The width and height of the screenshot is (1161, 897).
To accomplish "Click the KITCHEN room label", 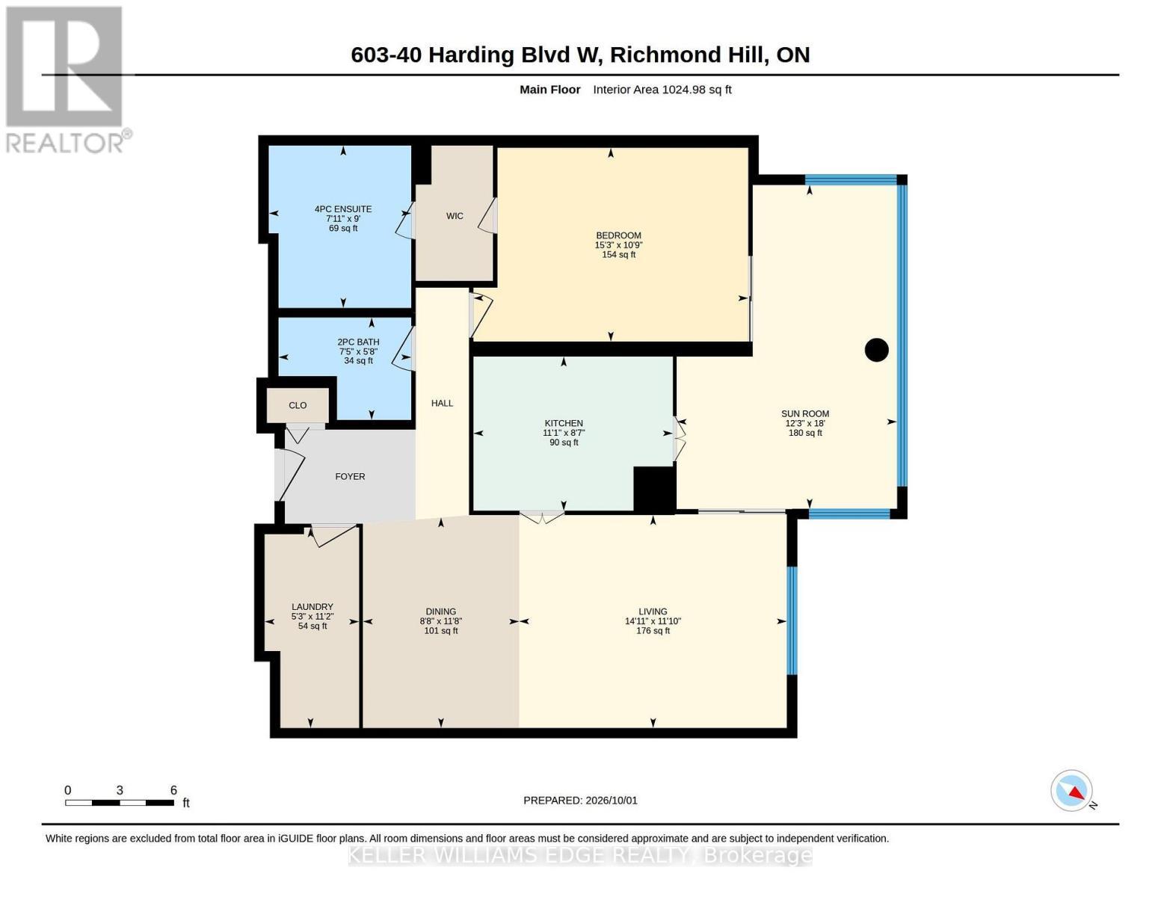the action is tap(564, 423).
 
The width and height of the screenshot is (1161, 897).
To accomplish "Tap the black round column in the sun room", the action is tap(876, 350).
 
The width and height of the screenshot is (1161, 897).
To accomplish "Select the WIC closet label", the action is tap(455, 216).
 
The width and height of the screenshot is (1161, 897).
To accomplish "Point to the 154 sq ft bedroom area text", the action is tap(619, 255).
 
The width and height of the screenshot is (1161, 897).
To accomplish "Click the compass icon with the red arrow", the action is tap(1071, 791).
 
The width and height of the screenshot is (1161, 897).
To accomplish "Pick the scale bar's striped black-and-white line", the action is tap(120, 803).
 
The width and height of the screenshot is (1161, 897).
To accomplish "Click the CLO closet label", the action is tap(298, 405).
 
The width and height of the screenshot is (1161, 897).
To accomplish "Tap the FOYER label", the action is tap(350, 477).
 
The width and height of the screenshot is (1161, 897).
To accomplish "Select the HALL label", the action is tap(442, 404).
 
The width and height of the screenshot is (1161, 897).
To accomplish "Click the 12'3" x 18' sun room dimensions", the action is tap(805, 423).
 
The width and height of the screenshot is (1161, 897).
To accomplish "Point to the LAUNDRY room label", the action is tap(312, 607).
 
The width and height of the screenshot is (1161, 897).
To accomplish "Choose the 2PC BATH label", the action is tap(358, 342).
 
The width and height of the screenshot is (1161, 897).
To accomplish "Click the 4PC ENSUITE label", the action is tap(343, 209).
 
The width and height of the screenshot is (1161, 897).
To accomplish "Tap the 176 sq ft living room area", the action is tap(653, 631).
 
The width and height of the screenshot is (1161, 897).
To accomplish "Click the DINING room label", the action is tap(441, 611).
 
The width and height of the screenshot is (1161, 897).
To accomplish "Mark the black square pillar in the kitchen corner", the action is tap(654, 489).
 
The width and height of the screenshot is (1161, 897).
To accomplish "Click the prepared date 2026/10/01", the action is tap(612, 801).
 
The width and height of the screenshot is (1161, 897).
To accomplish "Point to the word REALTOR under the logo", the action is tap(64, 143).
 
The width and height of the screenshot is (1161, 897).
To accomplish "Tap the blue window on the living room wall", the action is tap(792, 620).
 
